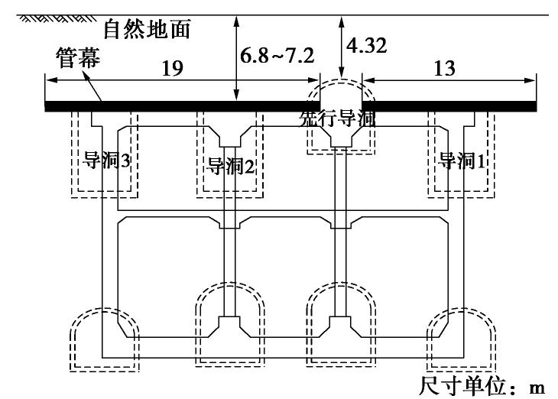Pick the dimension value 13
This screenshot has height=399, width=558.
[443, 68]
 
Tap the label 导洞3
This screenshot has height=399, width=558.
[105, 161]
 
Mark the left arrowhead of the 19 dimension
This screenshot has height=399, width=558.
[48, 79]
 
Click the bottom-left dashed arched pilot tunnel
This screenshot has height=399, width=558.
[101, 336]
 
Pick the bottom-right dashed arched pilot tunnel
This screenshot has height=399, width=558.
[459, 336]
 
